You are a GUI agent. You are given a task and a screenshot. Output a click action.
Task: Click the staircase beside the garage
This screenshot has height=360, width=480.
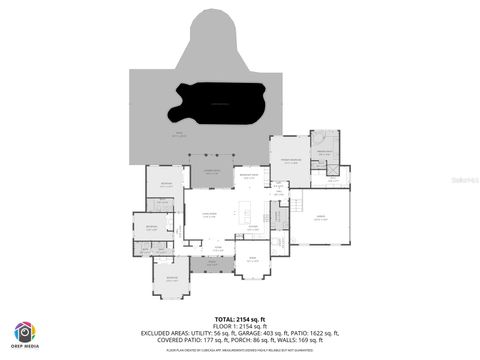coord(296,204)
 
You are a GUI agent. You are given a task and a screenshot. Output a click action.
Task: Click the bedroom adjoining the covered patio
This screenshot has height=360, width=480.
coord(166,185)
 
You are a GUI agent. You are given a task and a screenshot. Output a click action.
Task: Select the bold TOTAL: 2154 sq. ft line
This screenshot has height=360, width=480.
coord(239,317)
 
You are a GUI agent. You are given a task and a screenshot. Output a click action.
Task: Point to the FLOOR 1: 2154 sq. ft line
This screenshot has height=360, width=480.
coord(239,325)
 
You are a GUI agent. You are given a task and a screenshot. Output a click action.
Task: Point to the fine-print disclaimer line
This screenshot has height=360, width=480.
coord(239,350)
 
